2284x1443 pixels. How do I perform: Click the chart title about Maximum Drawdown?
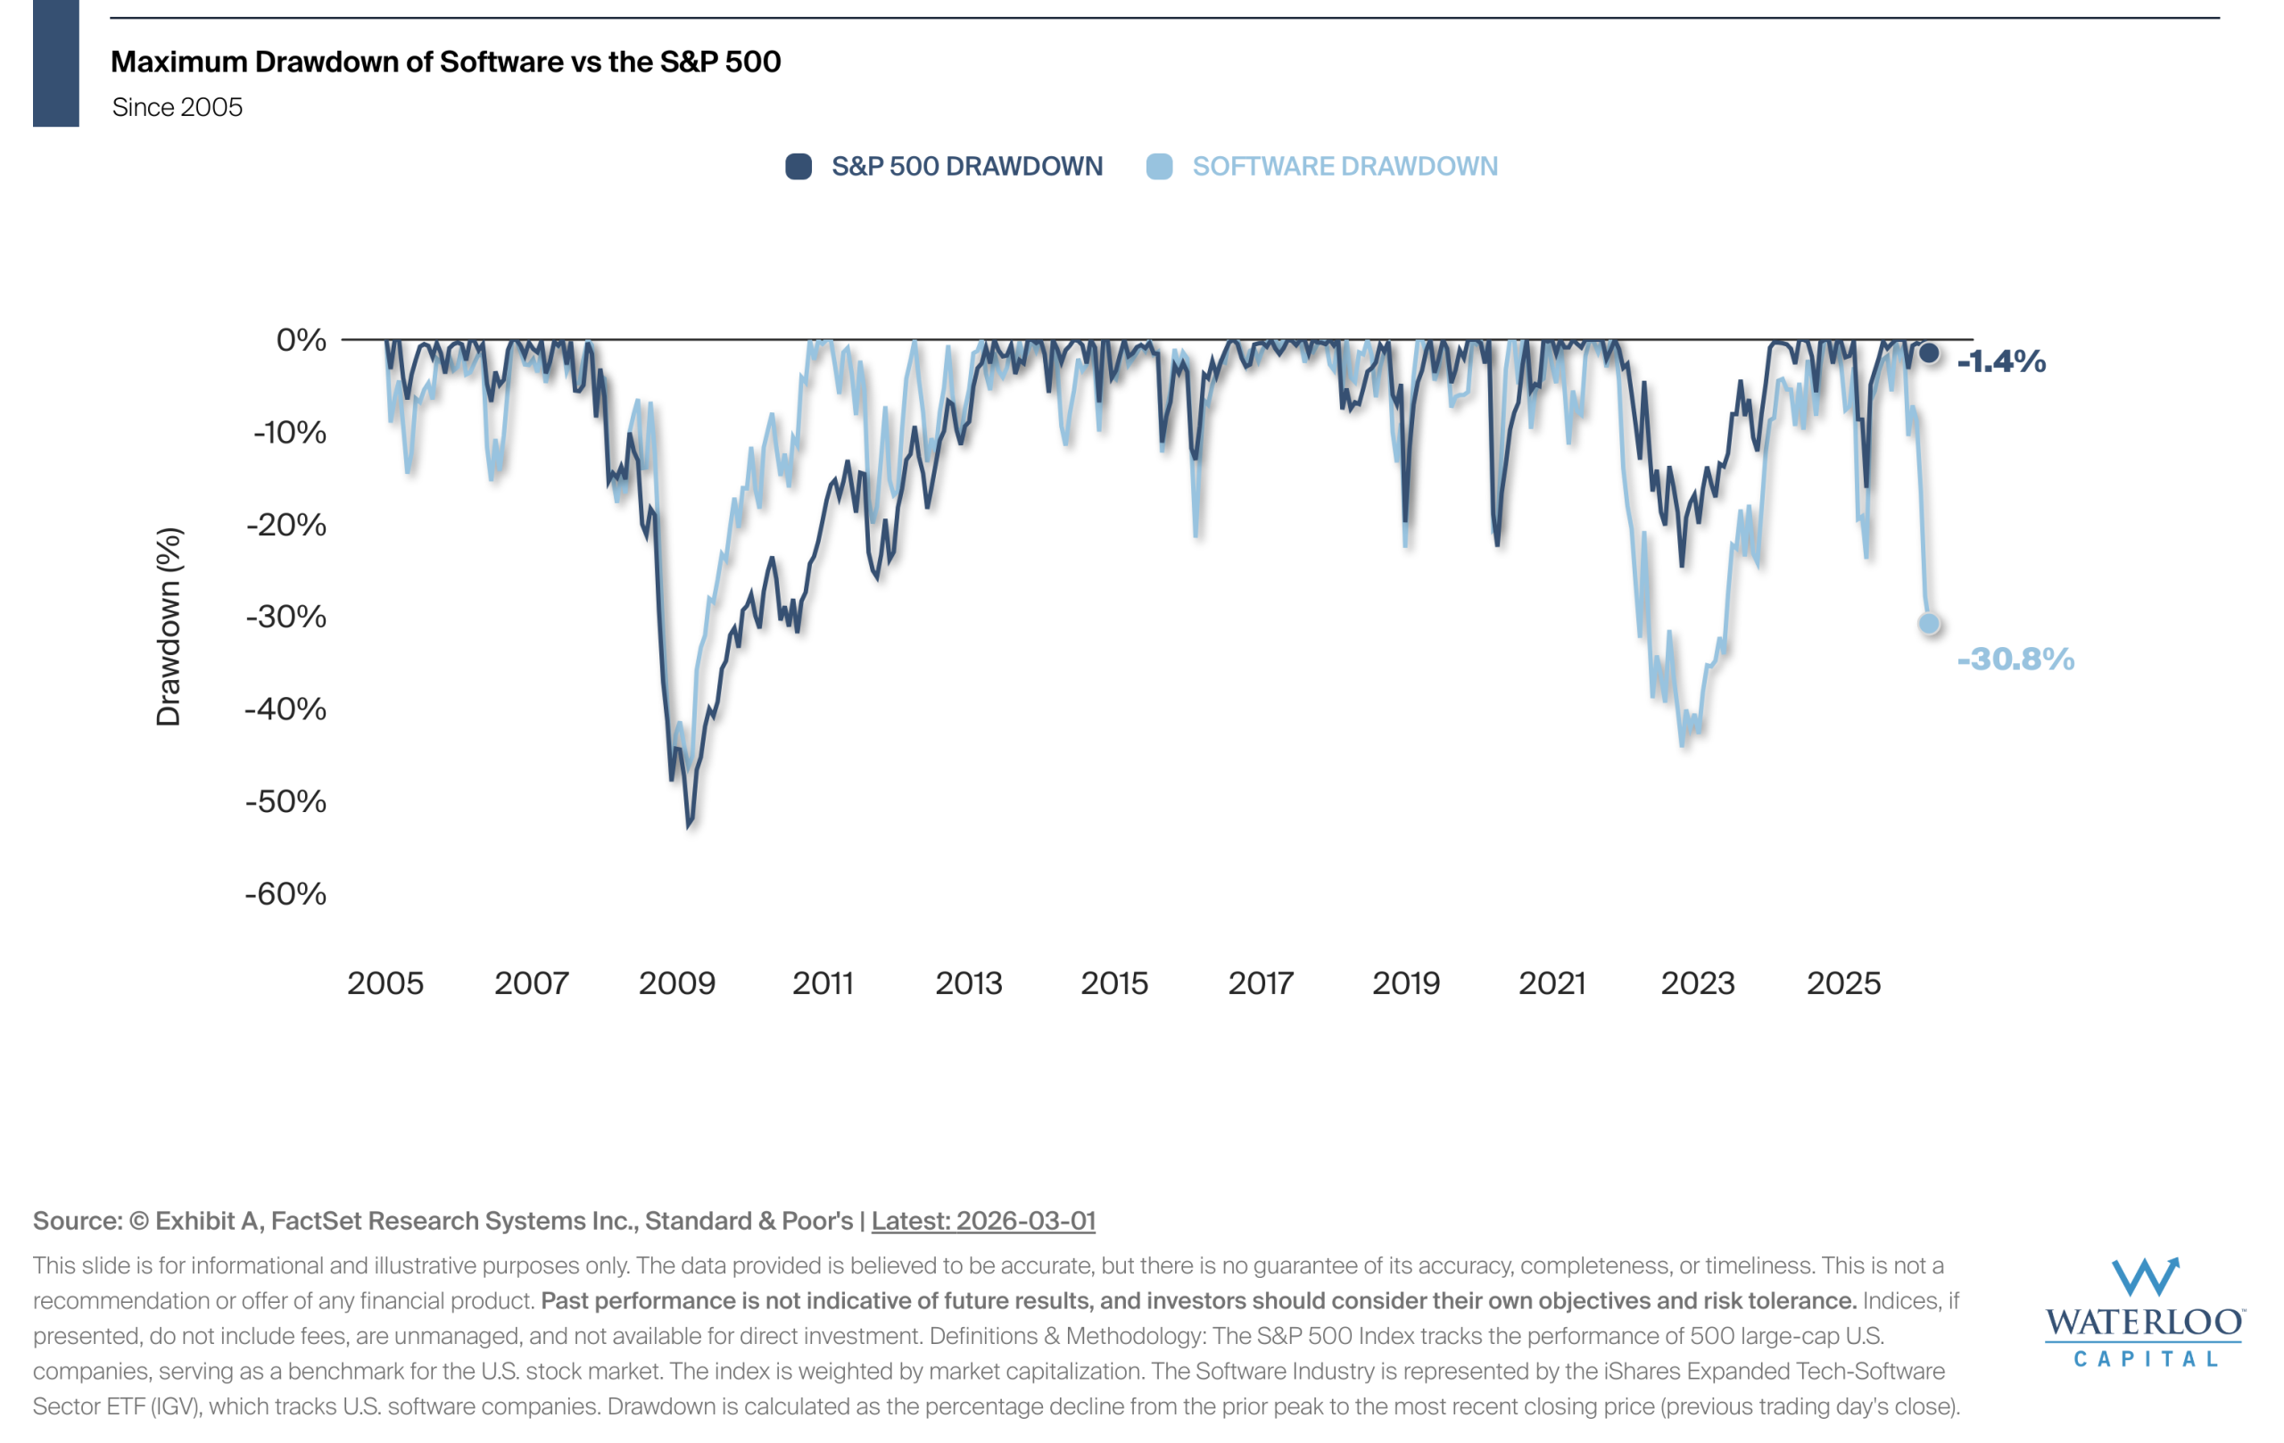(x=446, y=62)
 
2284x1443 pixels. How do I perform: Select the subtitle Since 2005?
(x=178, y=107)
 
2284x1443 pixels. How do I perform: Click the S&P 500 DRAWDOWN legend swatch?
(x=799, y=167)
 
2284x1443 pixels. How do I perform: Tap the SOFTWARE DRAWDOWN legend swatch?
(x=1159, y=167)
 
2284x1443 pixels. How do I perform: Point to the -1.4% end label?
(x=2001, y=361)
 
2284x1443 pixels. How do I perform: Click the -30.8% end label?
(x=2015, y=659)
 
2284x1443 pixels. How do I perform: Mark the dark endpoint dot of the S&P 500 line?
(x=1929, y=352)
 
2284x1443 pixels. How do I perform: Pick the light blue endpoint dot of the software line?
(x=1929, y=623)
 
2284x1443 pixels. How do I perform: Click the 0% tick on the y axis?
(x=301, y=340)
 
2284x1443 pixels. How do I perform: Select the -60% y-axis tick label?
(x=285, y=892)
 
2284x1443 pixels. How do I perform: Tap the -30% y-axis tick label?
(x=285, y=617)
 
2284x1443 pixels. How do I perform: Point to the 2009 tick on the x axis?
(x=676, y=983)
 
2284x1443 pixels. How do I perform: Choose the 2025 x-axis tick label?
(x=1843, y=983)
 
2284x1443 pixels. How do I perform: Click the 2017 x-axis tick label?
(x=1260, y=983)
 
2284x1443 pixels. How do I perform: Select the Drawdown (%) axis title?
(x=168, y=626)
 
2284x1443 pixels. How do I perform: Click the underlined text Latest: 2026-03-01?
(x=982, y=1220)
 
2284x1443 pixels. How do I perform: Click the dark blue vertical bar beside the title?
(x=56, y=62)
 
